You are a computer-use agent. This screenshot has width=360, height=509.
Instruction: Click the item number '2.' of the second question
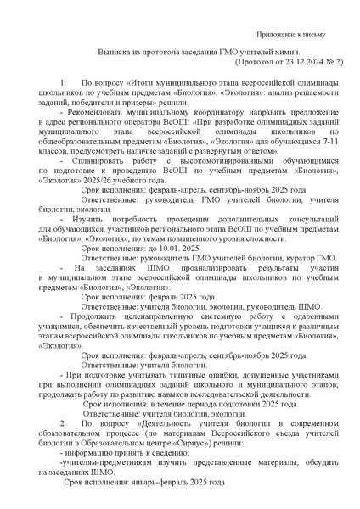pos(64,422)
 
